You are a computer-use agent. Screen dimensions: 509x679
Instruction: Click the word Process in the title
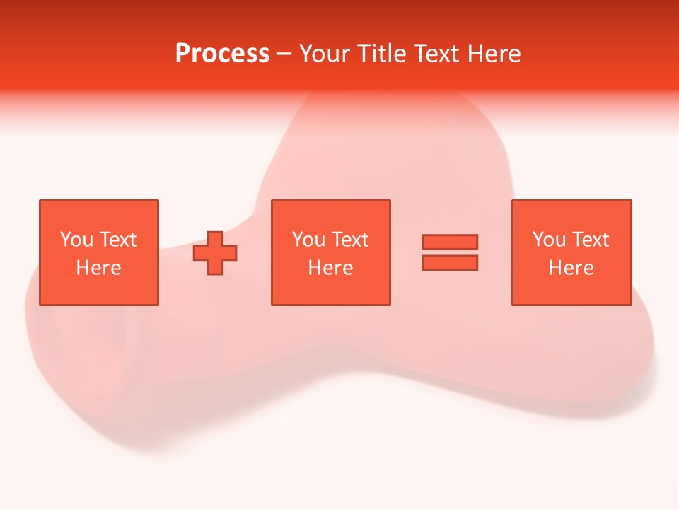[x=222, y=54]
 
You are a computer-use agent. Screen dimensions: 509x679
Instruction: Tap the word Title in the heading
[x=382, y=54]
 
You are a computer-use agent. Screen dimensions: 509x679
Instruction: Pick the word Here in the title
[x=494, y=54]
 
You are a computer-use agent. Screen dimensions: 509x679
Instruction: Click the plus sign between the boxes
[x=215, y=253]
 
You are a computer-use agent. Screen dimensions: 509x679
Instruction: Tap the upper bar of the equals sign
[x=450, y=242]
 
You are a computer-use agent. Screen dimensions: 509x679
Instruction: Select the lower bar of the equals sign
[x=450, y=263]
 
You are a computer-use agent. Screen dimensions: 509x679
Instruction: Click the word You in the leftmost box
[x=76, y=240]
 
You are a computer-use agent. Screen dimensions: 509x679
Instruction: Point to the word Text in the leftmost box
[x=117, y=240]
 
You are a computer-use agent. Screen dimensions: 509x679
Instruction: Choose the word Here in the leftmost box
[x=98, y=268]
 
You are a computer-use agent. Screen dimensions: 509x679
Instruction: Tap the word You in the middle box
[x=308, y=240]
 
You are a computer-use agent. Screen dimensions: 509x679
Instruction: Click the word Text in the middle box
[x=349, y=240]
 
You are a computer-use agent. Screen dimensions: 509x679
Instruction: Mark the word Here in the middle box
[x=330, y=268]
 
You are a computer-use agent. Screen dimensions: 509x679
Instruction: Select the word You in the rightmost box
[x=549, y=240]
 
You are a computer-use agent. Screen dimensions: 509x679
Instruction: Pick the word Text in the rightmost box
[x=590, y=240]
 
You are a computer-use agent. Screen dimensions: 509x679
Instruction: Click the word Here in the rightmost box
[x=571, y=268]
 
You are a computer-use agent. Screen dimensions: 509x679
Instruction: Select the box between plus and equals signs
[x=330, y=290]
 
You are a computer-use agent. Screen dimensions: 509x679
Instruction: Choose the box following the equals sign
[x=571, y=290]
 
